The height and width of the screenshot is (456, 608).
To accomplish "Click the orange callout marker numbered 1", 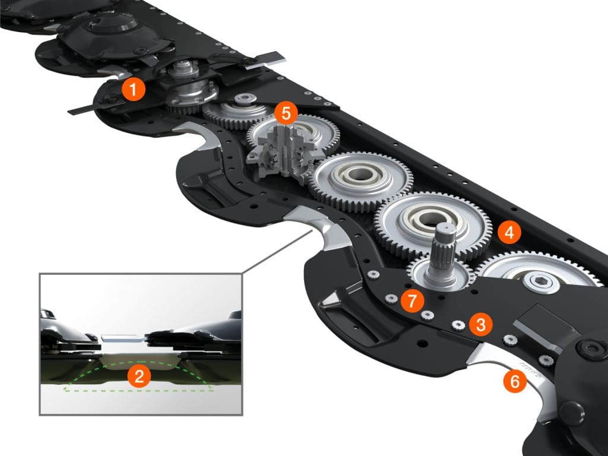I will tap(132, 91).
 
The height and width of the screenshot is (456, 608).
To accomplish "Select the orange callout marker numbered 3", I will tap(480, 324).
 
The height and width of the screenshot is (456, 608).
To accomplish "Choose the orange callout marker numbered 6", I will tap(514, 380).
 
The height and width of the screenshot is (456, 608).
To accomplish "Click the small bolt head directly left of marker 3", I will tap(458, 325).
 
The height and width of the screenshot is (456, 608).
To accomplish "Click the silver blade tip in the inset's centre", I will tap(122, 338).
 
